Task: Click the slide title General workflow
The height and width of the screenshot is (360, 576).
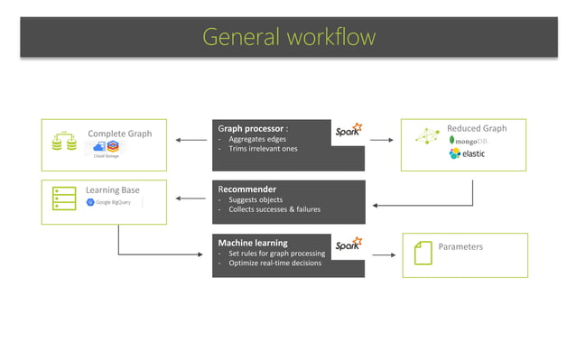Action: [x=288, y=37]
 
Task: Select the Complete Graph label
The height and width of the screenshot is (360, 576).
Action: [x=119, y=134]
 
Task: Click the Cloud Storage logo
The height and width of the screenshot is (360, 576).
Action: [x=107, y=149]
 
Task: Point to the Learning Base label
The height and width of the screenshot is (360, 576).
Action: [x=113, y=190]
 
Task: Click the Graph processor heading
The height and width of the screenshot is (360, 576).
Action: [x=253, y=128]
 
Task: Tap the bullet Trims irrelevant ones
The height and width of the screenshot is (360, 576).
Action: [x=262, y=149]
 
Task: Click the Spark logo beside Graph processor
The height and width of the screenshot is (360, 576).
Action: [x=348, y=132]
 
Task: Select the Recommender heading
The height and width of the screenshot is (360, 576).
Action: [x=246, y=189]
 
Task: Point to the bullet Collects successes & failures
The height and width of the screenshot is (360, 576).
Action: [x=272, y=209]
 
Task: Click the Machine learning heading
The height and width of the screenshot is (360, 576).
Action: [x=252, y=243]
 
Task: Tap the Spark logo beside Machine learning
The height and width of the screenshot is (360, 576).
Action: [x=348, y=245]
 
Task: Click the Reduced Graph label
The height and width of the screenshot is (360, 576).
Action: [x=477, y=128]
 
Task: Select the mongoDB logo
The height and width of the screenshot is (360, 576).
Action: [x=469, y=141]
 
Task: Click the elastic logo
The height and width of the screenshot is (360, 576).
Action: [x=468, y=154]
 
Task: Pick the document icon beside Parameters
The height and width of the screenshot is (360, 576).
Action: [x=422, y=254]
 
